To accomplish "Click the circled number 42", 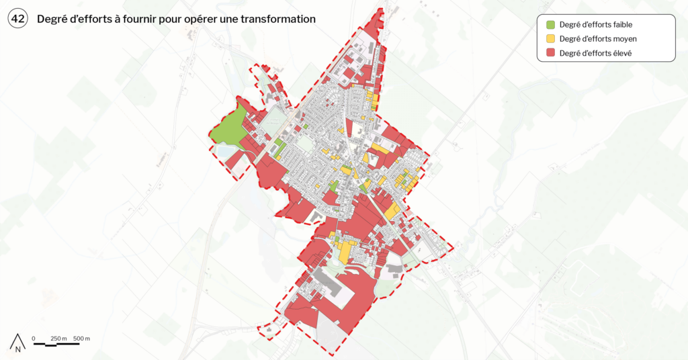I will [18, 19].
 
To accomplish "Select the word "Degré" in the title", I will [52, 19].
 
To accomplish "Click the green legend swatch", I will [550, 25].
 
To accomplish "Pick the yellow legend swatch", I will [550, 39].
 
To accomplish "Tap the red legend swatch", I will [550, 53].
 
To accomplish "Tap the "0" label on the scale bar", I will [34, 338].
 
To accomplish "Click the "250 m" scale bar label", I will [58, 338].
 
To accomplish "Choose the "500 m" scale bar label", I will [81, 338].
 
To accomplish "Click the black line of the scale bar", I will [56, 344].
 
